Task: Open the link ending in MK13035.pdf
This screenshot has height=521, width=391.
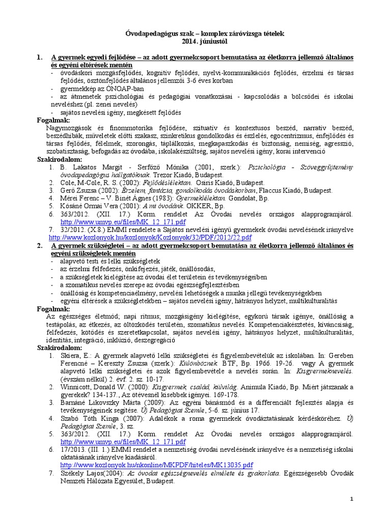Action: pyautogui.click(x=156, y=465)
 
